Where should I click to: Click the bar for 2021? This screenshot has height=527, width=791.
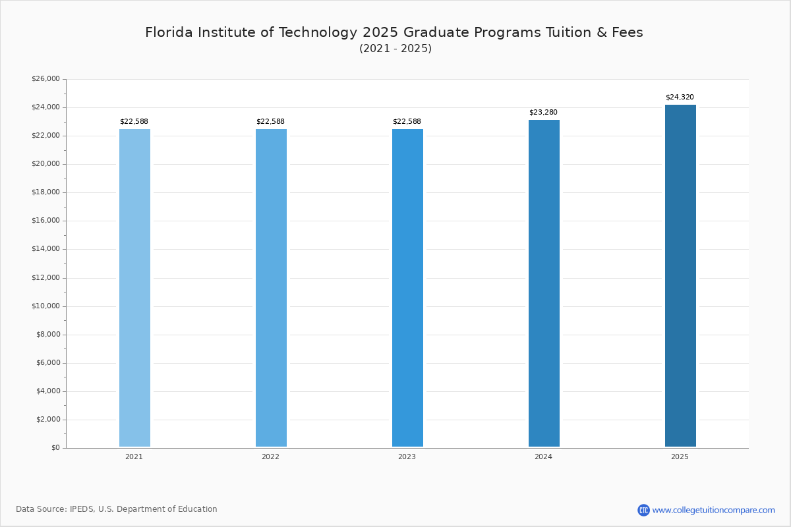click(134, 288)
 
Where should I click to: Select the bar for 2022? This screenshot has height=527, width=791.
click(271, 288)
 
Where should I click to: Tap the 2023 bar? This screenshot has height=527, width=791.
click(407, 288)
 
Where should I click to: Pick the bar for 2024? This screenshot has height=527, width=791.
click(544, 283)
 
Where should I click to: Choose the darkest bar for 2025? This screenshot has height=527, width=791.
click(680, 276)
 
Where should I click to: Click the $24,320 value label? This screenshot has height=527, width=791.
click(680, 97)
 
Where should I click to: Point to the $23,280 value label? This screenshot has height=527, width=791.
click(543, 113)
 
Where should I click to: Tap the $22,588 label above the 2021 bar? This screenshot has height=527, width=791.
click(134, 122)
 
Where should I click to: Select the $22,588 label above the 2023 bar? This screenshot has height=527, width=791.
click(407, 122)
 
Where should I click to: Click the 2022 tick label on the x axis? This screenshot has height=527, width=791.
click(270, 457)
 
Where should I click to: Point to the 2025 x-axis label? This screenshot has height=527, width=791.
click(680, 457)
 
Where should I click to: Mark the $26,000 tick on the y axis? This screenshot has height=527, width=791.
click(45, 79)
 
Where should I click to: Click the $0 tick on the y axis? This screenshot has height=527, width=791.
click(55, 448)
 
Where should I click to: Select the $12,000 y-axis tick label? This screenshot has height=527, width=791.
click(45, 278)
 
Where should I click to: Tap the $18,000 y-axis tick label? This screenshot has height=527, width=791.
click(45, 192)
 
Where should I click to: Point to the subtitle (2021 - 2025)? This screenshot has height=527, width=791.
click(395, 49)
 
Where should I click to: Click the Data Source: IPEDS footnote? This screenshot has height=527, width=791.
click(117, 509)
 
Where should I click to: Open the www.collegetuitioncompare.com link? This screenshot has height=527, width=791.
click(713, 510)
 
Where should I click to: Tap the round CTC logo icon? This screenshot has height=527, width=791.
click(643, 510)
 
